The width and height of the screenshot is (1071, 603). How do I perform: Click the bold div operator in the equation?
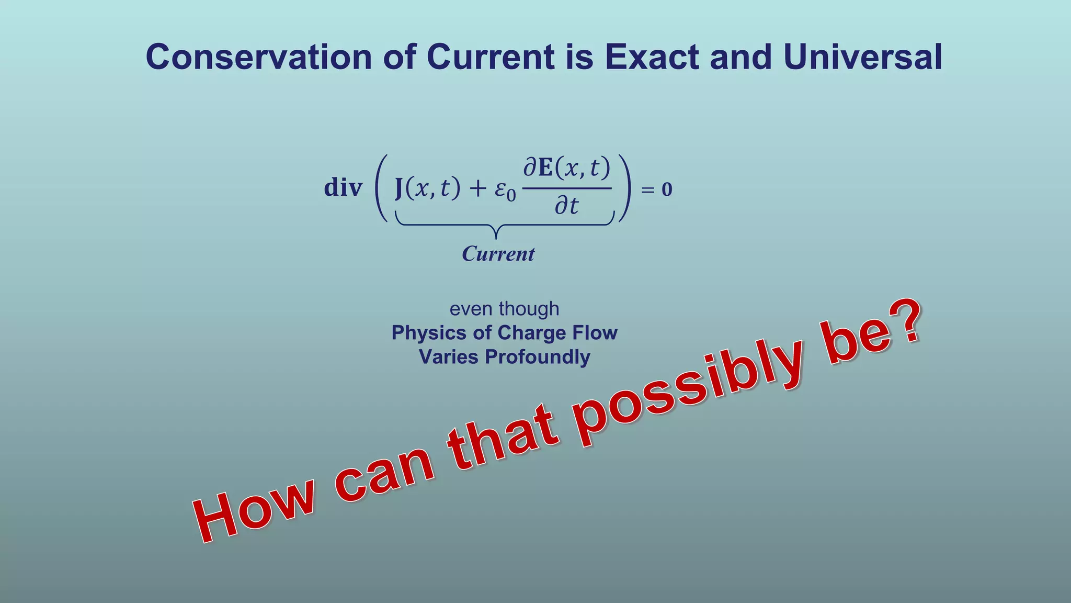click(x=343, y=187)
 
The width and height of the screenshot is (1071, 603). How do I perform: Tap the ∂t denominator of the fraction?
click(x=566, y=206)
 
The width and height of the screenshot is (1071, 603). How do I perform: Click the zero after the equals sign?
click(x=667, y=189)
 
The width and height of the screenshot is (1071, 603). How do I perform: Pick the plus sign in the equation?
click(x=477, y=188)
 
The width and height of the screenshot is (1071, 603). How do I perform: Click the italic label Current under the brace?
click(x=498, y=254)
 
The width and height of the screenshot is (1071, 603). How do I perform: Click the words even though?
click(x=504, y=309)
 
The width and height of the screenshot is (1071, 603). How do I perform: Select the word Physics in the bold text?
click(x=428, y=333)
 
